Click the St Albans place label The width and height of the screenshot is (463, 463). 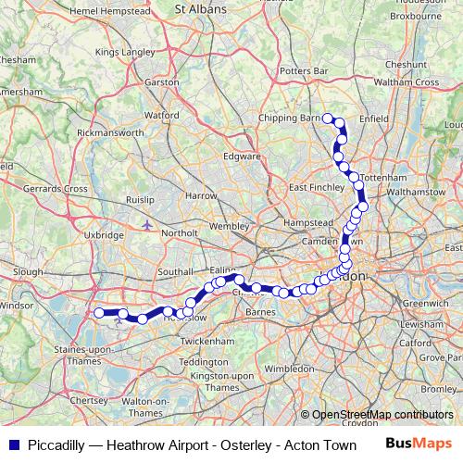(x=202, y=7)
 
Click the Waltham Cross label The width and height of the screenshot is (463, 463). (x=404, y=82)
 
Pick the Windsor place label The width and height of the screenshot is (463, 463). (x=16, y=305)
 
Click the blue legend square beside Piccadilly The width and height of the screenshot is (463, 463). (x=12, y=444)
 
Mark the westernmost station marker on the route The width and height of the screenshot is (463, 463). (x=99, y=313)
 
